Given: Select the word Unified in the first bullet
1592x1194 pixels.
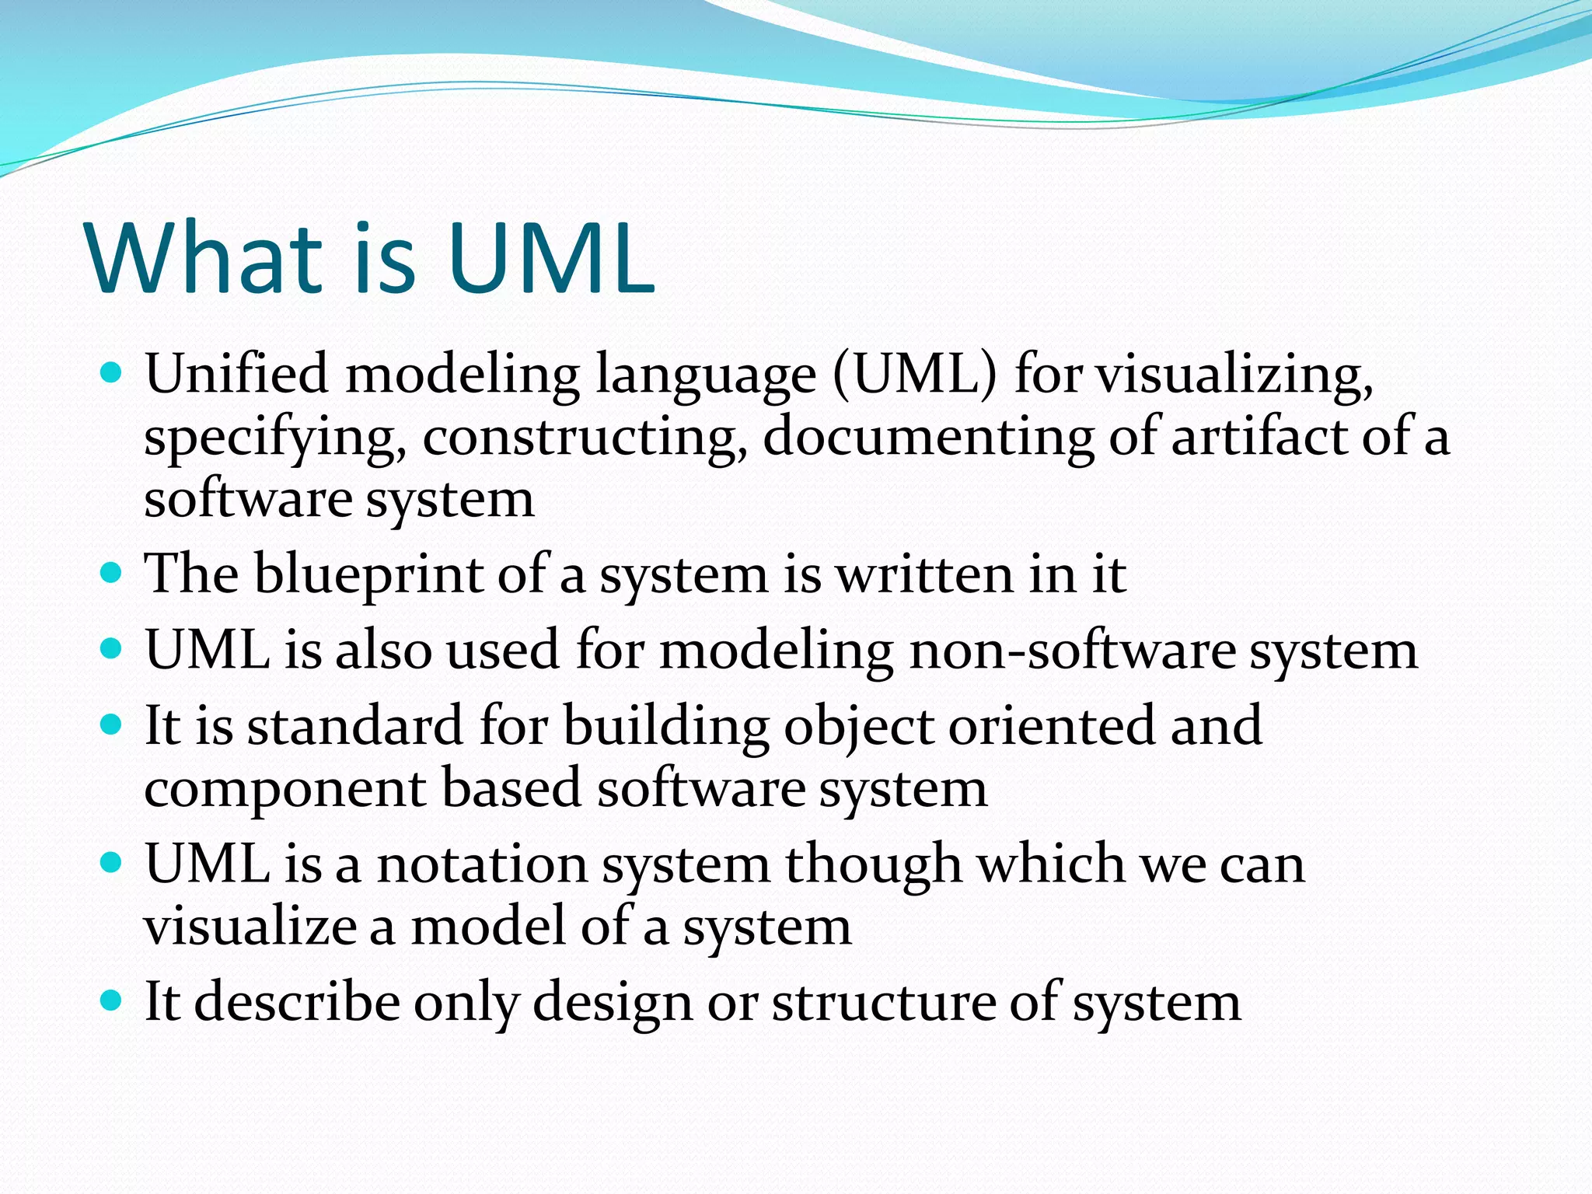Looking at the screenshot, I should (236, 374).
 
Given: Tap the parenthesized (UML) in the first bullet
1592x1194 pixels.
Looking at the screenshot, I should (914, 375).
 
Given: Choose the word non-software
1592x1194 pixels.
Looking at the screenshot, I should (1072, 650).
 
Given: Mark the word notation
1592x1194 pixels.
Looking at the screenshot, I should (482, 864).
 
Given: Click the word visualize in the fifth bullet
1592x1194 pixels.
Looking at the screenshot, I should (249, 927).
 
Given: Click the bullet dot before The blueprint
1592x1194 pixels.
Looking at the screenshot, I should (112, 574).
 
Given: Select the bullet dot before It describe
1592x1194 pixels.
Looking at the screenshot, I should (112, 1000).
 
